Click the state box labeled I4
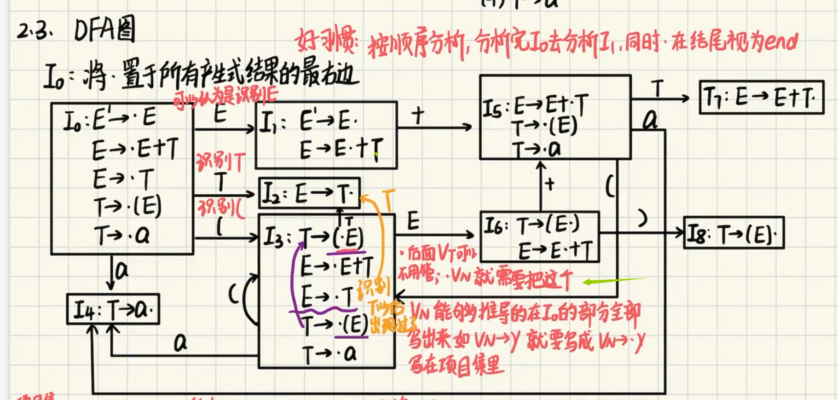[x=113, y=309]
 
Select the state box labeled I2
[x=309, y=193]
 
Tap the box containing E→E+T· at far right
[x=761, y=97]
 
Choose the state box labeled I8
[x=734, y=232]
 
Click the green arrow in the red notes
[x=614, y=281]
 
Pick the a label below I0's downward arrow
[x=121, y=271]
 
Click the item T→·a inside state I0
[x=122, y=235]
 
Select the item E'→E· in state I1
[x=329, y=122]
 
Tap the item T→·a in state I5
[x=537, y=149]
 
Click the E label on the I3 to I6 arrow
[x=413, y=221]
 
